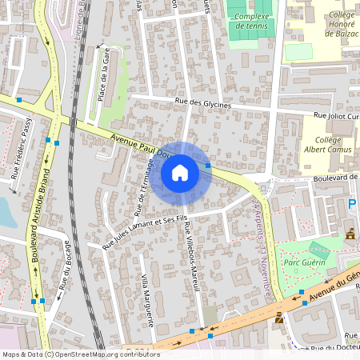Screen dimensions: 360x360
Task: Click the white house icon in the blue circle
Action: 180,173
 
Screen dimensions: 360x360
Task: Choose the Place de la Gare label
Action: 103,79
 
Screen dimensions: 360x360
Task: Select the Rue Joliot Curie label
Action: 335,115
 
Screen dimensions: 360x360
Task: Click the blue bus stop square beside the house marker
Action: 208,166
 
